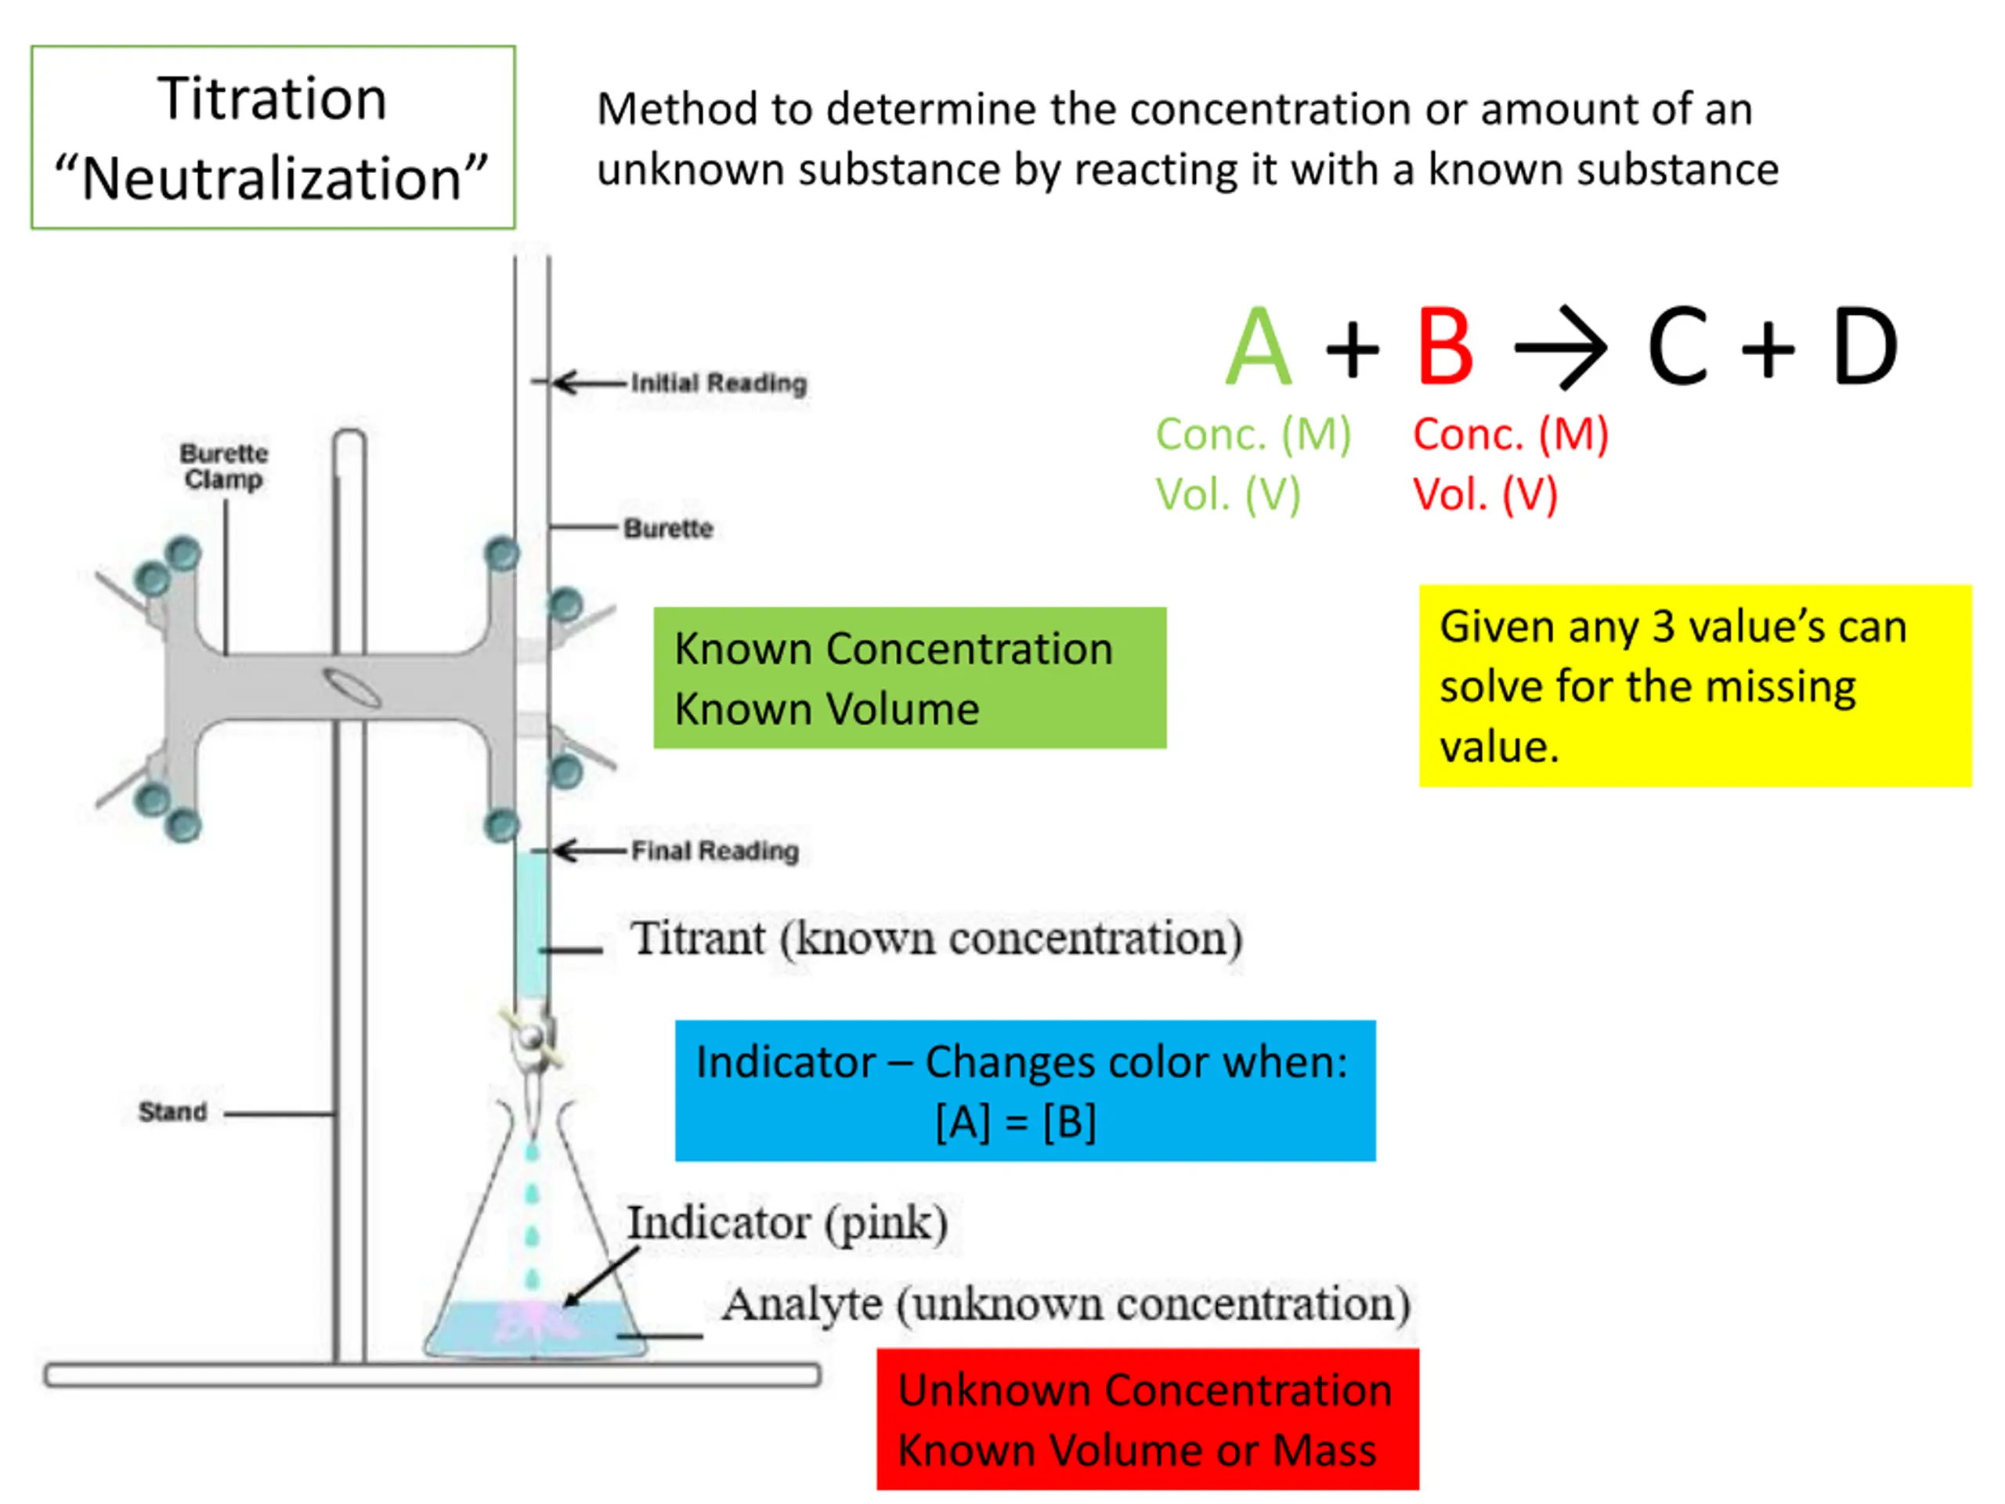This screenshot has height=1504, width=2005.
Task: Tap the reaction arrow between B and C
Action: click(1561, 347)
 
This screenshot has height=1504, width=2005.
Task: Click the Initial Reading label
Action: click(718, 384)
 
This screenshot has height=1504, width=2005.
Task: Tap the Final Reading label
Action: click(714, 851)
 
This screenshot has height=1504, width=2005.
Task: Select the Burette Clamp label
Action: click(224, 466)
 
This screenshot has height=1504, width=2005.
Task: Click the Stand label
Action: click(172, 1112)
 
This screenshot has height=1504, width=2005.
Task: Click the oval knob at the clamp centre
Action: click(352, 687)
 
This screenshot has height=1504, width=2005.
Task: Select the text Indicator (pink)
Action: click(788, 1224)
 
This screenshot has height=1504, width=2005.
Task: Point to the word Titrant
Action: click(698, 938)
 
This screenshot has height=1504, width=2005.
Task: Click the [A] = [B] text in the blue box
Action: click(1016, 1123)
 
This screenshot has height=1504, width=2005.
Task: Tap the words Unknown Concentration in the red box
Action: click(1145, 1390)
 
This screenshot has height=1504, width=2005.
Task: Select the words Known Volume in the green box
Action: click(826, 709)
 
